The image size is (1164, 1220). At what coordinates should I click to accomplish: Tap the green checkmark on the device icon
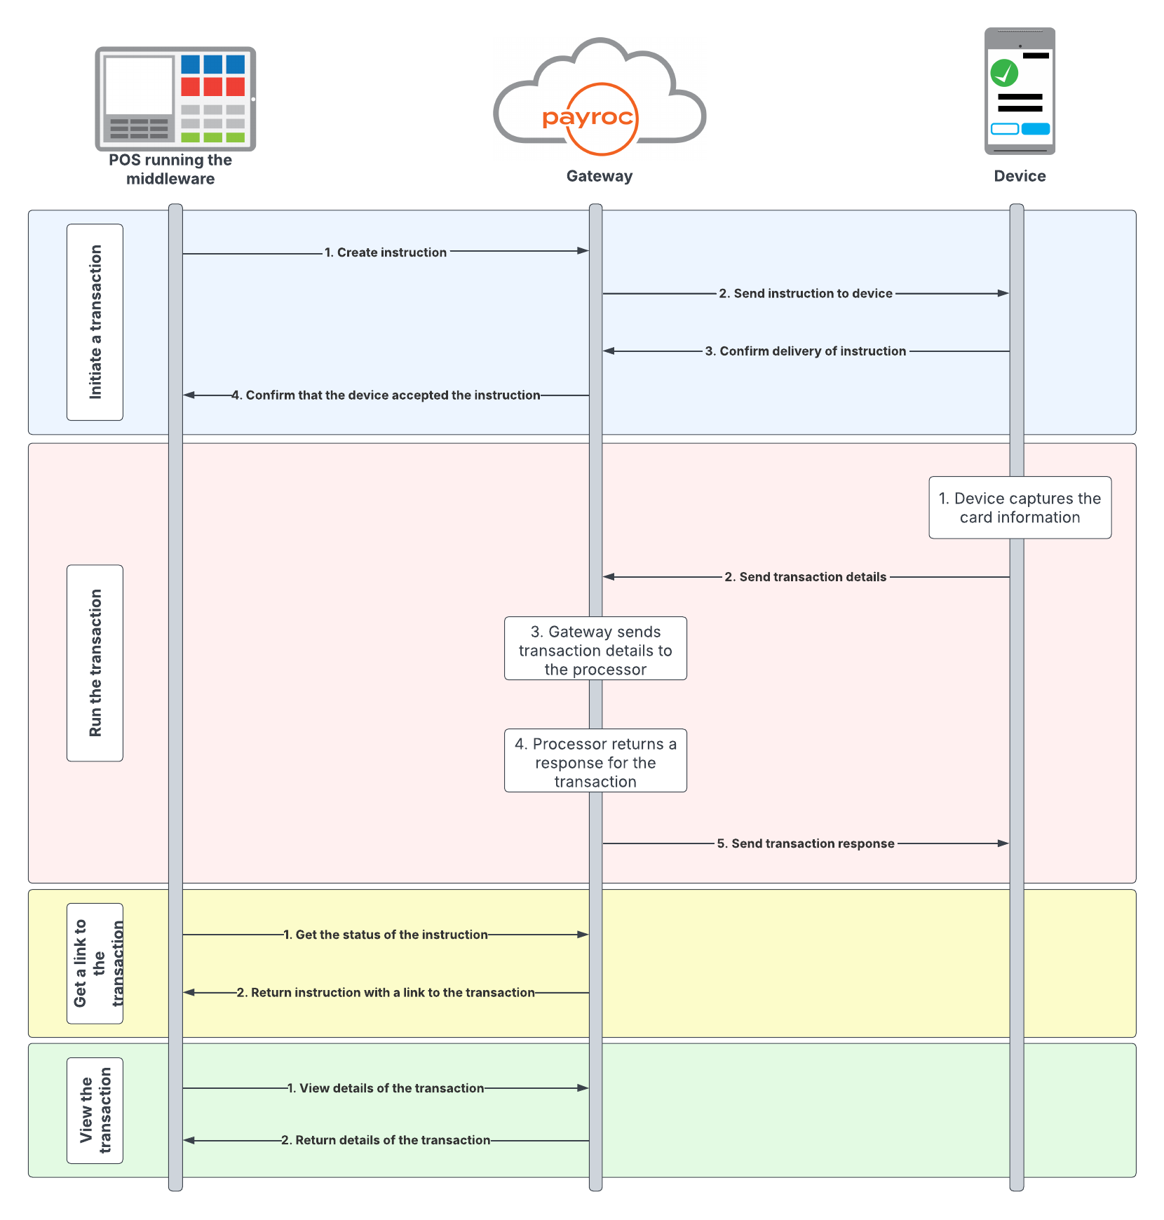pos(1004,72)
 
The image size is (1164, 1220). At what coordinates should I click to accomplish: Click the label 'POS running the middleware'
pos(170,169)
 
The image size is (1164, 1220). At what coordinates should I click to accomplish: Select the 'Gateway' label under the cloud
pos(600,176)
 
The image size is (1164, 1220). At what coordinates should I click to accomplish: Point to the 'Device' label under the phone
pos(1020,176)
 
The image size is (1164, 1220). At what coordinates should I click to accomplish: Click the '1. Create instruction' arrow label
pos(385,252)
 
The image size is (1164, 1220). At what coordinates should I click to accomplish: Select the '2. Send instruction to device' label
pos(806,294)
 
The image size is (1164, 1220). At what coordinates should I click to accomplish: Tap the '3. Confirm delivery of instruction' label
pos(806,351)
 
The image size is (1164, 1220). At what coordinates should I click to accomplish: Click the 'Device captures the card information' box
pos(1020,508)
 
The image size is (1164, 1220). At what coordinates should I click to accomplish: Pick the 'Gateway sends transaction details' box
pos(595,649)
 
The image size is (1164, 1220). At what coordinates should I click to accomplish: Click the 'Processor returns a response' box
pos(595,761)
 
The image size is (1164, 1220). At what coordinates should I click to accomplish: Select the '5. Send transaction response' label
pos(806,843)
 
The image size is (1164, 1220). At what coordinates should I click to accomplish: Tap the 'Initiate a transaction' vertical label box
pos(95,322)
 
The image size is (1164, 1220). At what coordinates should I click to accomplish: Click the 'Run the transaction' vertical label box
pos(95,663)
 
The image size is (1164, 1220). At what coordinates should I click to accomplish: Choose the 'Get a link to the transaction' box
pos(95,963)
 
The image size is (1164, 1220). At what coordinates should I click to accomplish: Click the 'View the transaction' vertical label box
pos(95,1110)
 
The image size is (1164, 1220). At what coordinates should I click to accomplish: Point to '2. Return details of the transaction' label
pos(386,1140)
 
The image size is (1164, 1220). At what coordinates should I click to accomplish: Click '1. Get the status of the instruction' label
pos(386,935)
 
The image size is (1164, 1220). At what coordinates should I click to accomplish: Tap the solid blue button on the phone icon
pos(1035,129)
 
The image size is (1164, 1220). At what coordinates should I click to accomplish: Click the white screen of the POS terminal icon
pos(139,86)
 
